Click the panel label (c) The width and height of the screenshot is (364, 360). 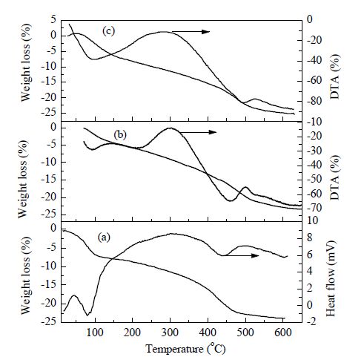(109, 31)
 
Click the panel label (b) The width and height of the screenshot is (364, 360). (120, 134)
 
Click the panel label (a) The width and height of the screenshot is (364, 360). (104, 238)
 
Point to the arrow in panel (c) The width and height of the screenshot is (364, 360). (191, 32)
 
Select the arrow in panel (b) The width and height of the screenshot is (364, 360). (199, 132)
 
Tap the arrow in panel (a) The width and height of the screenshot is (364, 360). (242, 255)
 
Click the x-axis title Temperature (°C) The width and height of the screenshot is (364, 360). (185, 349)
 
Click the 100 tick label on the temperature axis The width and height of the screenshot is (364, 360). (95, 333)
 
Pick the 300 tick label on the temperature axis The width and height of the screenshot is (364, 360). (171, 333)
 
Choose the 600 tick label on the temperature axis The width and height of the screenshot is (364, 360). (283, 333)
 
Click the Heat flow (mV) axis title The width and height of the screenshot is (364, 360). (331, 278)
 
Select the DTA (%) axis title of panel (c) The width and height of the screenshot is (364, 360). (335, 76)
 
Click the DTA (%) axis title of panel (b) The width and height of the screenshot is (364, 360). (335, 177)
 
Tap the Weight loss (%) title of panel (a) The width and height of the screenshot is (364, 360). (26, 275)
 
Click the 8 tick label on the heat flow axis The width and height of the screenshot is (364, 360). (309, 238)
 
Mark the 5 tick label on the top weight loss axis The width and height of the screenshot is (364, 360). (53, 20)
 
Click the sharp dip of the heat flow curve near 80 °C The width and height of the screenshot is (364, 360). (87, 315)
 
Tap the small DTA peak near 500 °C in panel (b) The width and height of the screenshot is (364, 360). (246, 187)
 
